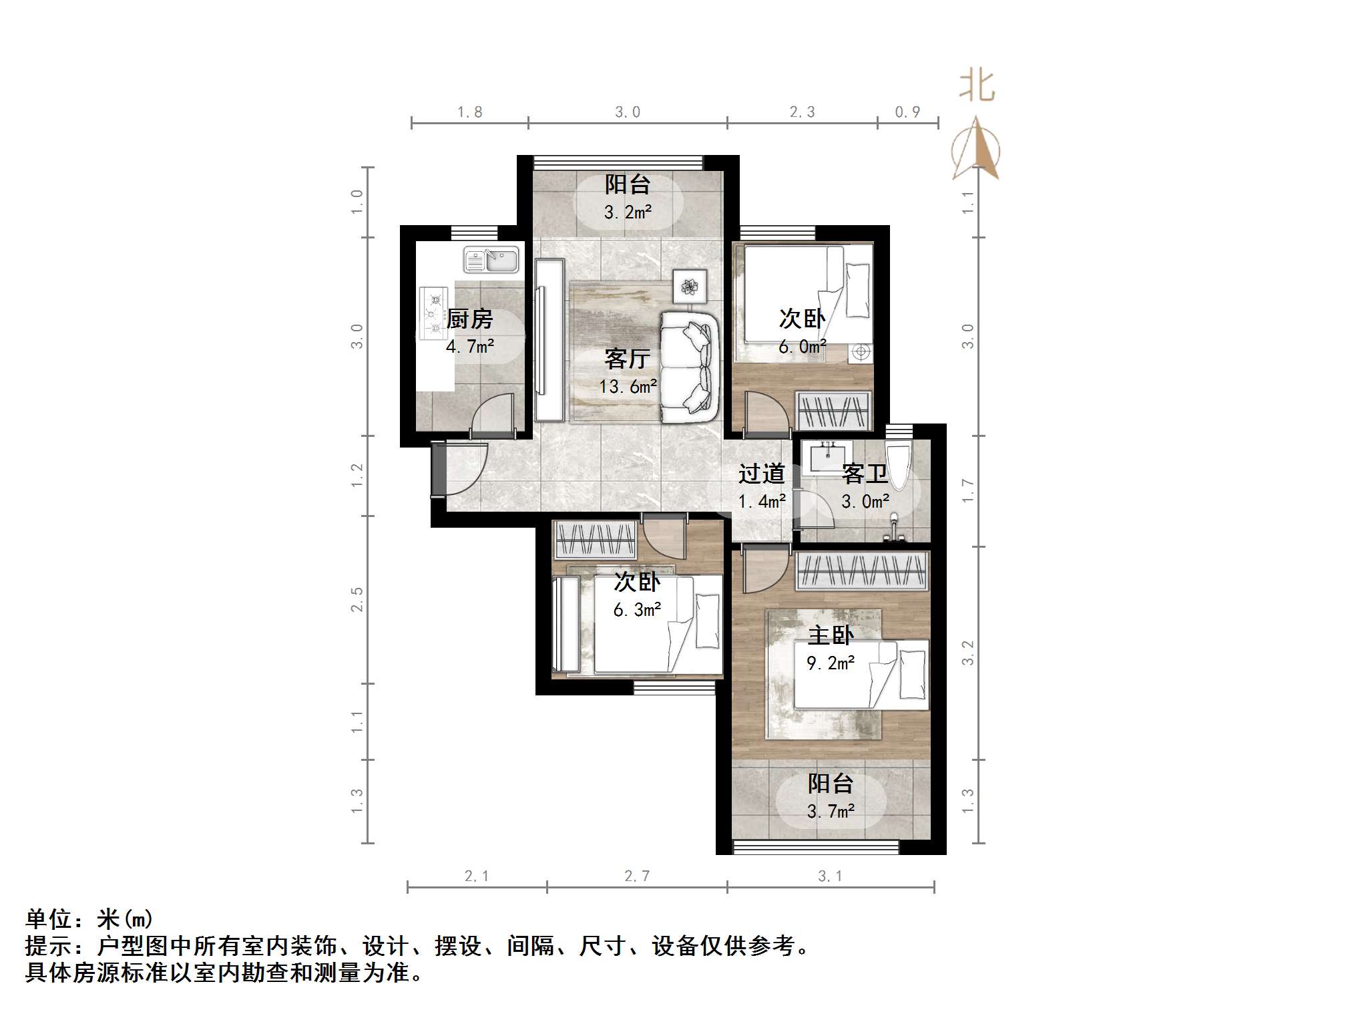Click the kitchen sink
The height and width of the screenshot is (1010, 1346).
491,260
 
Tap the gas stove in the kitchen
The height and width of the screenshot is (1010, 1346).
433,313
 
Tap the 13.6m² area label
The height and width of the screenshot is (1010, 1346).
628,386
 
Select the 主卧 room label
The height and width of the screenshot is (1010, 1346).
830,635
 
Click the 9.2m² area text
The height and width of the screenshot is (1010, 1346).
830,663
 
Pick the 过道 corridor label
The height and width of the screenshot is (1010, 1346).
761,474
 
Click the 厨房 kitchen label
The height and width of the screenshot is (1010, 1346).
469,319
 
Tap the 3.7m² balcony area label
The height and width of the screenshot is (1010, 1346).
830,812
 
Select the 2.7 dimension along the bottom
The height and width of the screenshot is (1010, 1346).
636,876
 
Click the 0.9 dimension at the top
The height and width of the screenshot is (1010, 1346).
907,112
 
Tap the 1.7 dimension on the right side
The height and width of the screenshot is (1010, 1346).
968,491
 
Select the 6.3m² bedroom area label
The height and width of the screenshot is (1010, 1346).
637,610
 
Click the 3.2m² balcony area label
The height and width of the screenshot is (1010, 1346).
628,212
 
